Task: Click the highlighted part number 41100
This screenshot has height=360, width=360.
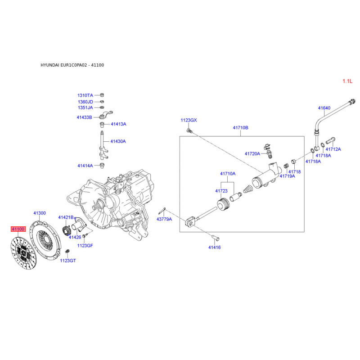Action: (x=18, y=229)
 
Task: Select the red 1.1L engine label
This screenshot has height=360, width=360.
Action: (x=347, y=81)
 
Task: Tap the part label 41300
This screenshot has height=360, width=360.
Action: (x=40, y=213)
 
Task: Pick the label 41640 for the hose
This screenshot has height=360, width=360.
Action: (x=324, y=108)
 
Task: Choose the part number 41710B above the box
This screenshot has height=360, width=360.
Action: (x=240, y=128)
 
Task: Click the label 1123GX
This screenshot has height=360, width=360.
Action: (x=189, y=120)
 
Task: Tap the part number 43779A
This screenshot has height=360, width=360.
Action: (x=164, y=219)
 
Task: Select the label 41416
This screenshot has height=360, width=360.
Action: (x=215, y=247)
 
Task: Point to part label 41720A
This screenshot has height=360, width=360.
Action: (x=252, y=153)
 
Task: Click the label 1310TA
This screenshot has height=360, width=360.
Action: (x=85, y=95)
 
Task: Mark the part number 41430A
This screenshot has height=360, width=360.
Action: (x=118, y=141)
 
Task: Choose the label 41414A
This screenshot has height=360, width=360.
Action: (x=85, y=166)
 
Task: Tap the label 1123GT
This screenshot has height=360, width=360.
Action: (x=68, y=261)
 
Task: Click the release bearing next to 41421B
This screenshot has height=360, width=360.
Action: (x=67, y=230)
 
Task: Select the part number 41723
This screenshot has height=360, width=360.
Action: (x=221, y=191)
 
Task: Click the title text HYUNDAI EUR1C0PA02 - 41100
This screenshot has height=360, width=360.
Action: (x=72, y=65)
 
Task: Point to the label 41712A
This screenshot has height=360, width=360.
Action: (x=333, y=149)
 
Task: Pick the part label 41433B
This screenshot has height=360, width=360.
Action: (x=84, y=117)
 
